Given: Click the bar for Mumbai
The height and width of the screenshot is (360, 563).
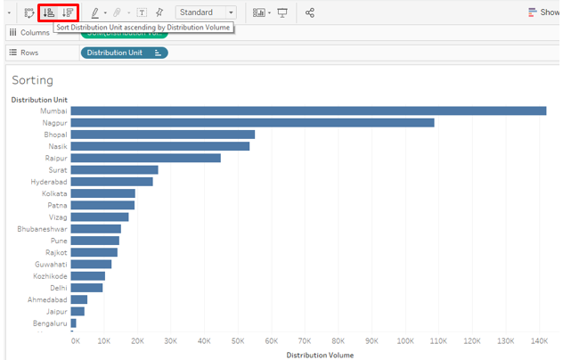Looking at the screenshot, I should coord(308,111).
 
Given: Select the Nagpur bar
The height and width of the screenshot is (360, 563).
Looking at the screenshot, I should coord(252,123).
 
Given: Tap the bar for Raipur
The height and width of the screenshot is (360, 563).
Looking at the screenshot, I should coord(145,158).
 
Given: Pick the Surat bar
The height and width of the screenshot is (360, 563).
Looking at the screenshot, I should coord(114,169).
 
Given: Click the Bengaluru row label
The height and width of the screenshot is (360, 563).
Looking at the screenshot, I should coord(49,323).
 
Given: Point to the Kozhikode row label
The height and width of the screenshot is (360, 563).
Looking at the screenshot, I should coord(47,275).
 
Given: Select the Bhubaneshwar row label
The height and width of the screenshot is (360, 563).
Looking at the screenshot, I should coord(42,229).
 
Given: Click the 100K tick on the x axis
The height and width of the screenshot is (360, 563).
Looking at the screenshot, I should coord(405,341).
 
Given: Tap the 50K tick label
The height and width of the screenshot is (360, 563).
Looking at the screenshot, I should coord(238,341).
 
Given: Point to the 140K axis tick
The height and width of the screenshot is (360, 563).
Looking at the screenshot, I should coord(539,341).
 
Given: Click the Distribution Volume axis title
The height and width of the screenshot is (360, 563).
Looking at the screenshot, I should coord(320,355).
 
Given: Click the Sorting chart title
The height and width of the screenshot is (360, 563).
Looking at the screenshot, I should coord(32,80).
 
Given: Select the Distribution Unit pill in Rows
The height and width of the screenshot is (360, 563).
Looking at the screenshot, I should coord(124,53).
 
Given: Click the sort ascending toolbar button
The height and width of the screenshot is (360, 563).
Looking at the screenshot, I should coord(49,12).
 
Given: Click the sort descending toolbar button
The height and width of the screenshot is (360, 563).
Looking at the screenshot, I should coord(69,12).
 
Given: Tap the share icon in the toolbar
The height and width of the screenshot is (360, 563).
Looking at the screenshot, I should coord(310,12).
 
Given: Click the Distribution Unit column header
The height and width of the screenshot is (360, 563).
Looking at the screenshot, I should coord(39,100).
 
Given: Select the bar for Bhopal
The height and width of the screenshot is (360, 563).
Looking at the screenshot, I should coord(162,135).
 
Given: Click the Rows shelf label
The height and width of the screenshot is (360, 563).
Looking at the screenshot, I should coord(30,53).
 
